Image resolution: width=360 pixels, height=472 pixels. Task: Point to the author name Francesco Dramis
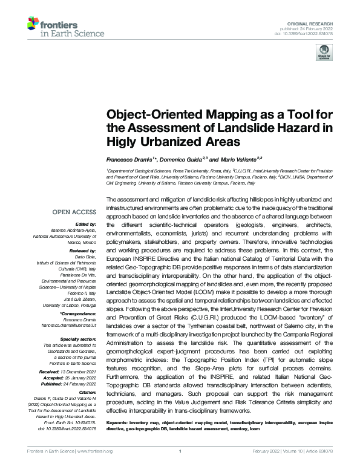pos(128,158)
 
